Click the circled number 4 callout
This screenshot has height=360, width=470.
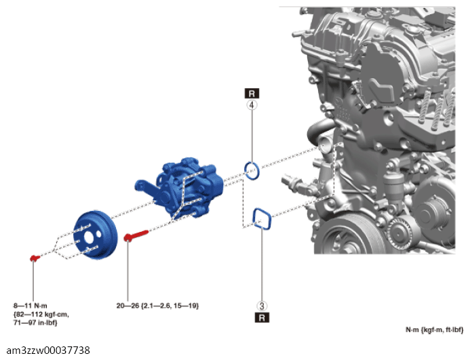click(x=252, y=105)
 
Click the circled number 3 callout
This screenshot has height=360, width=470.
click(x=262, y=306)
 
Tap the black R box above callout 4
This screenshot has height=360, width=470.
click(x=252, y=94)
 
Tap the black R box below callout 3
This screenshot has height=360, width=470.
click(x=262, y=317)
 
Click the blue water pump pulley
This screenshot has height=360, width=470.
click(x=95, y=235)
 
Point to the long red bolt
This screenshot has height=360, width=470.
click(x=136, y=235)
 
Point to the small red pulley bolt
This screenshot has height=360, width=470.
click(x=35, y=258)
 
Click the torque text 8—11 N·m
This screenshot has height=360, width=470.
click(x=31, y=306)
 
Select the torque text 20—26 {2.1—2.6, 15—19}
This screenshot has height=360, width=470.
click(x=157, y=306)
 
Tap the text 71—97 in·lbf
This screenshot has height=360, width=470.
click(x=35, y=323)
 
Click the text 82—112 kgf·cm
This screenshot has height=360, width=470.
click(x=41, y=315)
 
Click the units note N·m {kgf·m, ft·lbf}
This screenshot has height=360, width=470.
click(x=434, y=330)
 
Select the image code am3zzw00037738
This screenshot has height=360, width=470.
click(x=48, y=350)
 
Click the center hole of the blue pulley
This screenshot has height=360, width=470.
click(x=89, y=237)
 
